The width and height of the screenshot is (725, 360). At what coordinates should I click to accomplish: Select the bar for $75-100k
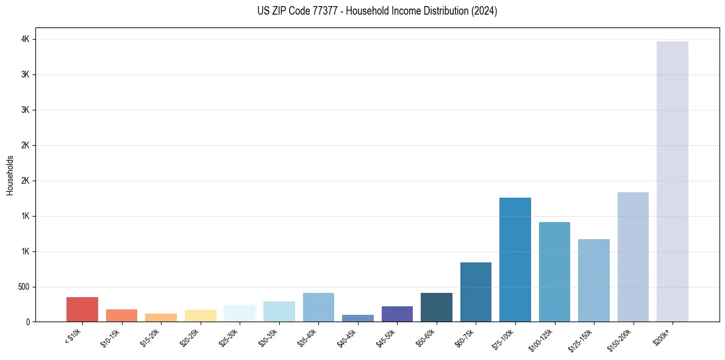click(515, 259)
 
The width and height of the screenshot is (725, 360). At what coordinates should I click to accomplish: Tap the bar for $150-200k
click(633, 257)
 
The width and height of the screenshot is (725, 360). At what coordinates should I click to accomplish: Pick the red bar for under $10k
click(82, 309)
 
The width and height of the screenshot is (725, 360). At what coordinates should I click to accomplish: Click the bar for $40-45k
click(357, 318)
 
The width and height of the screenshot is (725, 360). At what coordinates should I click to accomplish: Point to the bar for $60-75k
click(476, 292)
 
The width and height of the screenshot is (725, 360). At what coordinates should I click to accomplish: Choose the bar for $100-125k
click(554, 272)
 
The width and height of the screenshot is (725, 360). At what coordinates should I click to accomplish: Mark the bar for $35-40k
click(318, 307)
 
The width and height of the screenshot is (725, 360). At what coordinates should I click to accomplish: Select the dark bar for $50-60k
click(436, 307)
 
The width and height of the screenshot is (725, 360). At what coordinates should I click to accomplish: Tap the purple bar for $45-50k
click(397, 314)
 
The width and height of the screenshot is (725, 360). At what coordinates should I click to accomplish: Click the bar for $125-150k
click(593, 280)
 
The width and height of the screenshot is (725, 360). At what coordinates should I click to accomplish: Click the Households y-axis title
click(10, 175)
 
